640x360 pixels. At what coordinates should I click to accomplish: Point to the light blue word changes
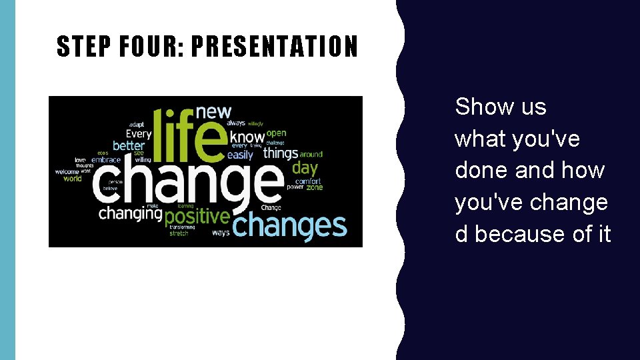290,225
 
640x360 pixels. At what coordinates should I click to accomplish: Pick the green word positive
197,217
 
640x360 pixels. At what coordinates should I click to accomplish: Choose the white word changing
130,214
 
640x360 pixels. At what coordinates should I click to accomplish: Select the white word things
280,153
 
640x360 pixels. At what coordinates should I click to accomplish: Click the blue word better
129,145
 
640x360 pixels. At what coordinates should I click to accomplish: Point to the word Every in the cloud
139,134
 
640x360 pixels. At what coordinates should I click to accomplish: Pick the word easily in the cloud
240,155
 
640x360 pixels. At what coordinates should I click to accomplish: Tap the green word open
276,133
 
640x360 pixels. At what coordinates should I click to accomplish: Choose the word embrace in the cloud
106,160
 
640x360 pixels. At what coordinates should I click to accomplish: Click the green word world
72,178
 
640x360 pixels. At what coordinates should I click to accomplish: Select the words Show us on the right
500,107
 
